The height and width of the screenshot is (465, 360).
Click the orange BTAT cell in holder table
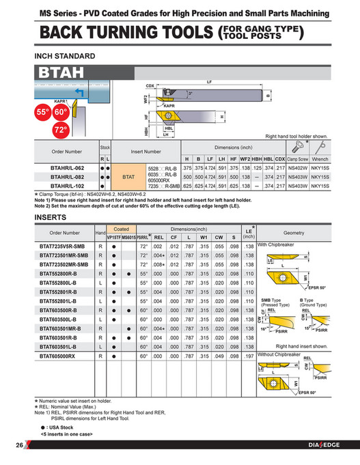click(128, 175)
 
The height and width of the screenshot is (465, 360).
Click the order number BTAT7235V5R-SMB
click(66, 244)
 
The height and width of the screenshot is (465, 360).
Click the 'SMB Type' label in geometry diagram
click(272, 299)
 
